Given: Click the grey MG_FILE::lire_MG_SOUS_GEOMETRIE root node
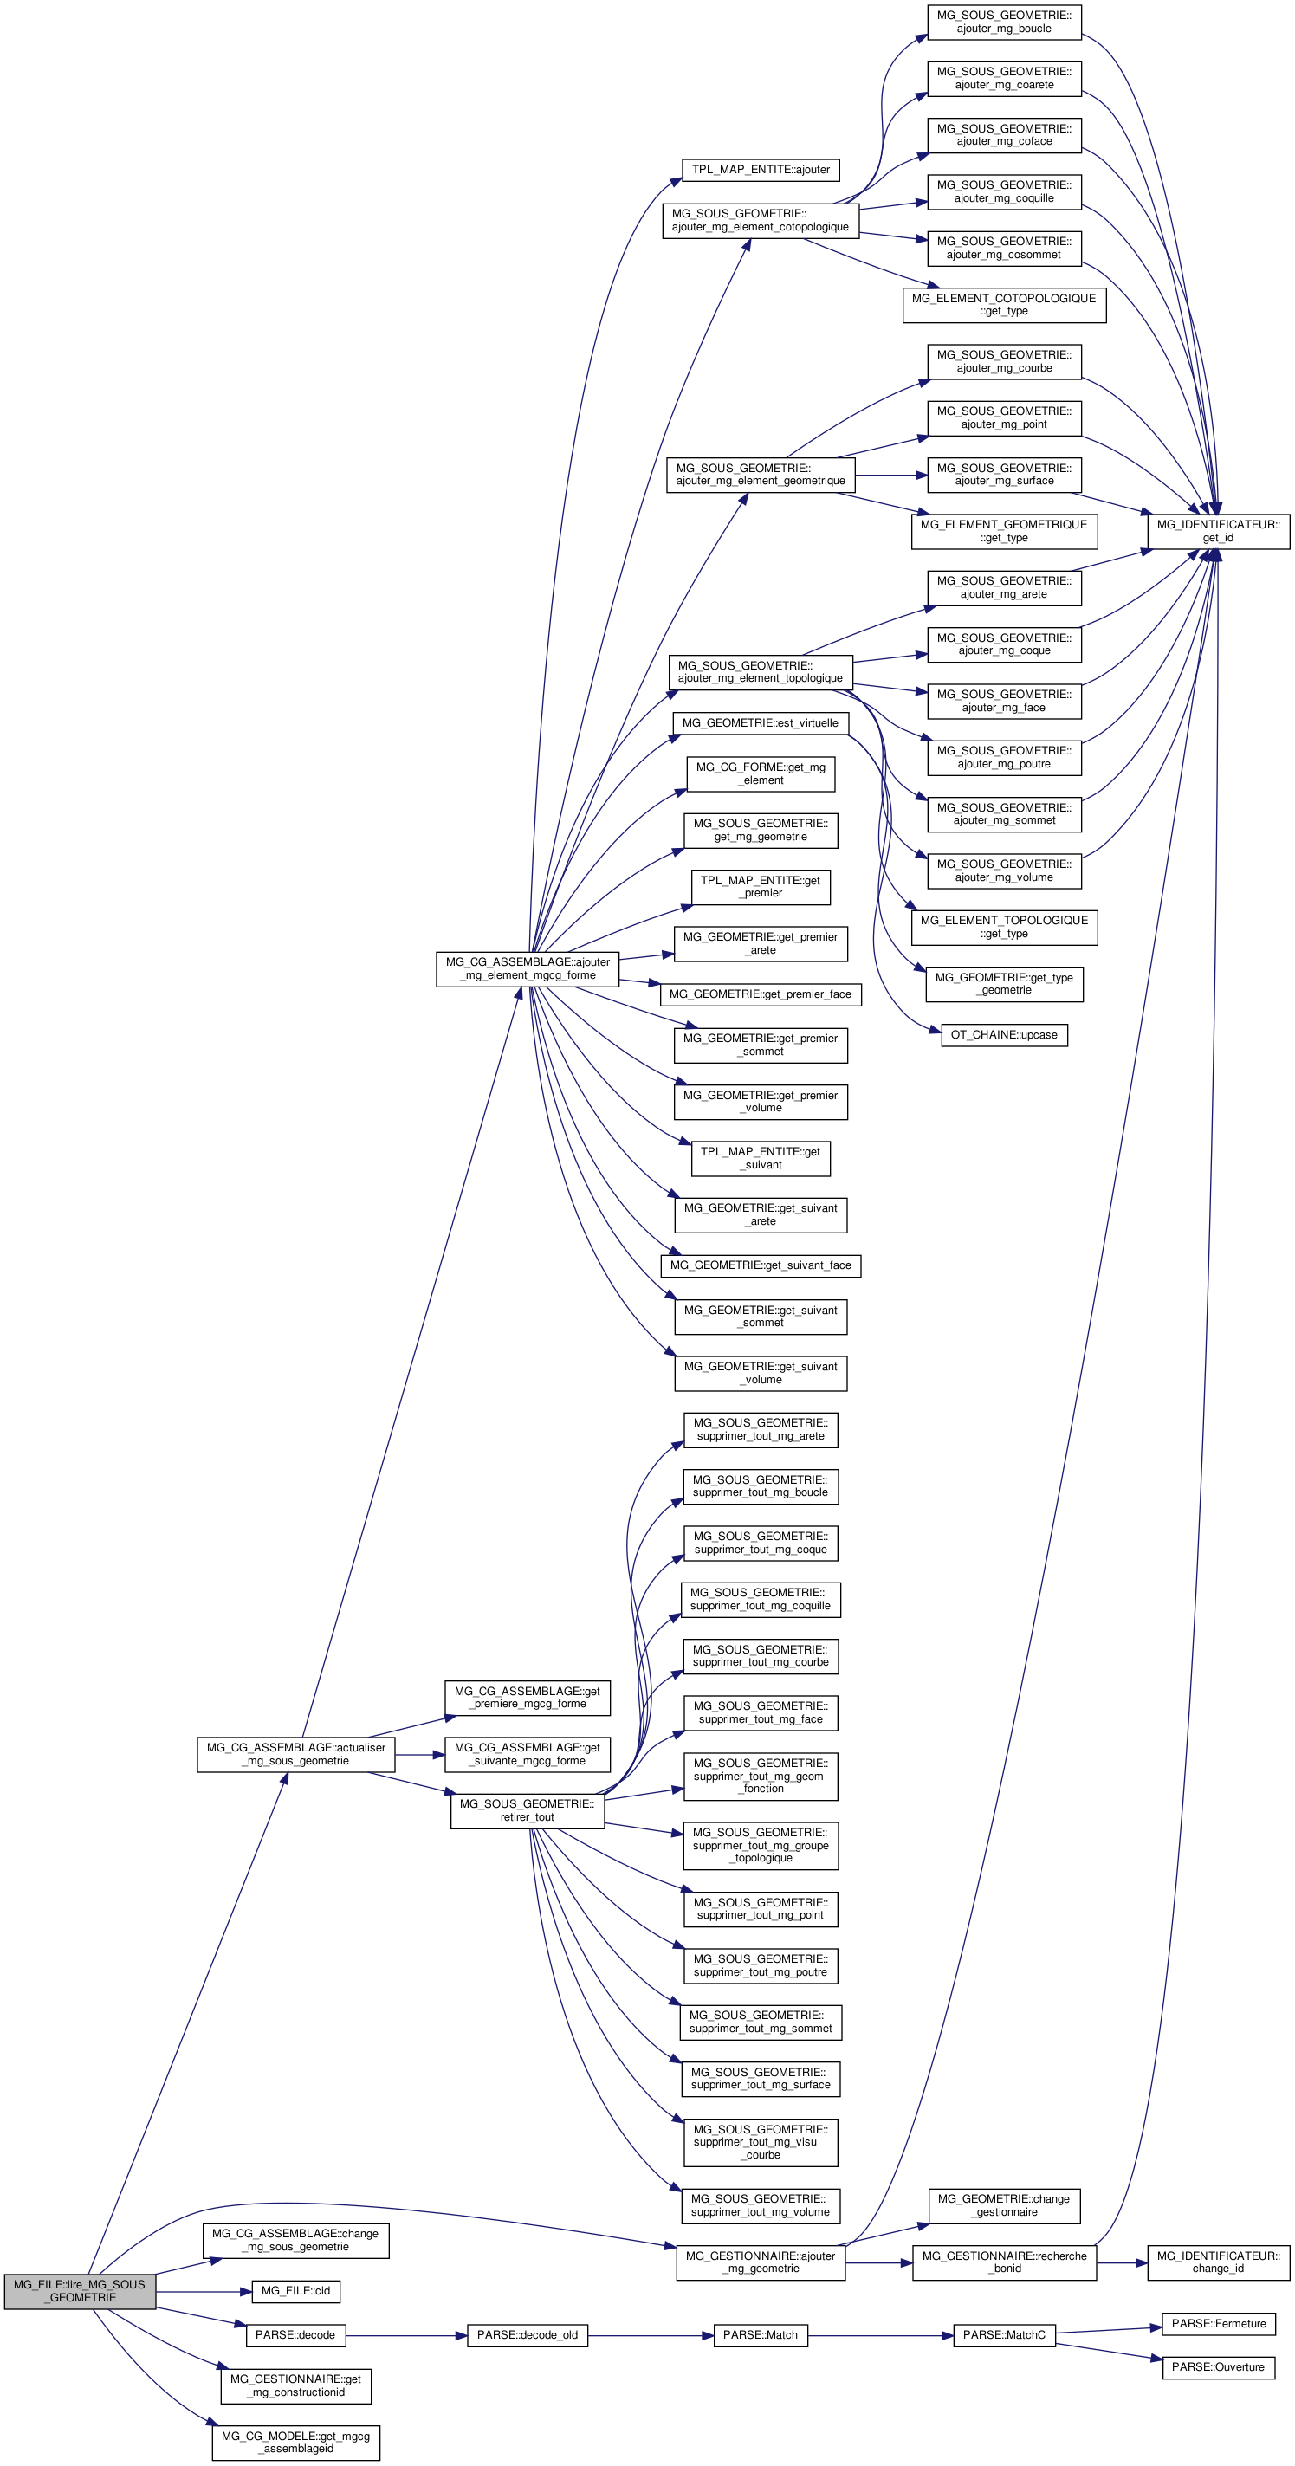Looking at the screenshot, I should tap(80, 2291).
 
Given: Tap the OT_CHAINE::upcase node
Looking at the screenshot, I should tap(1003, 1035).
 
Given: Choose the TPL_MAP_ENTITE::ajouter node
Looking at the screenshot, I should tap(760, 170).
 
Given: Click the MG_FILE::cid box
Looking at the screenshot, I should tap(295, 2291).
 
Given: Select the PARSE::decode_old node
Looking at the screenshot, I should tap(527, 2335).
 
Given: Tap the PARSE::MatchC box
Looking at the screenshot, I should tap(1003, 2335).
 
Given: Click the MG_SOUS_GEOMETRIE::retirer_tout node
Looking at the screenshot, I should tap(527, 1810).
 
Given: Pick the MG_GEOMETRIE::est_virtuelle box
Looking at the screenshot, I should tap(760, 722).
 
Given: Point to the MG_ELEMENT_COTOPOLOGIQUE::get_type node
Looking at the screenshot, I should tap(1003, 304).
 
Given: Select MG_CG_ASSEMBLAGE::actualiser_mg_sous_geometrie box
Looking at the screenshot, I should tap(295, 1754).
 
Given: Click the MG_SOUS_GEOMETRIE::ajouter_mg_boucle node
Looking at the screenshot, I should tap(1003, 22).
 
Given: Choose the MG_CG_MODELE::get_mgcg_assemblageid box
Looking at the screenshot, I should tap(295, 2442).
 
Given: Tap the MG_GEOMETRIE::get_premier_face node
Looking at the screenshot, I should tap(760, 994).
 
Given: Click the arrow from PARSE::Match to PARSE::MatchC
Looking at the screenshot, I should tap(881, 2336).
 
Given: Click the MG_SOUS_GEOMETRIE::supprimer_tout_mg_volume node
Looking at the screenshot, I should tap(760, 2205).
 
